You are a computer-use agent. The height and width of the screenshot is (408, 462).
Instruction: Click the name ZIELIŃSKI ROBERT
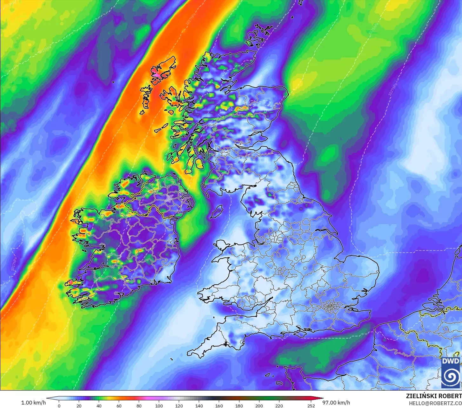(x=434, y=396)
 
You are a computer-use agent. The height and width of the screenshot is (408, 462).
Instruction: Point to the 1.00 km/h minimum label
(x=33, y=403)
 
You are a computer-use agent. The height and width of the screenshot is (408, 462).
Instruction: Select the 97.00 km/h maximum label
(x=336, y=403)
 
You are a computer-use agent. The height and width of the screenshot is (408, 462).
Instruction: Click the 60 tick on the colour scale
(x=119, y=405)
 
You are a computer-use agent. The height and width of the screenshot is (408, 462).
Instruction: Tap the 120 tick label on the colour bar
(x=179, y=405)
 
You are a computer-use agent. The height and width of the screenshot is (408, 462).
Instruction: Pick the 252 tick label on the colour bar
(x=311, y=405)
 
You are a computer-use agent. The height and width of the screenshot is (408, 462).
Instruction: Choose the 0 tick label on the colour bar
(x=59, y=405)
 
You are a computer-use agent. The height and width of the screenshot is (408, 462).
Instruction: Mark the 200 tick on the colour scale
(x=259, y=405)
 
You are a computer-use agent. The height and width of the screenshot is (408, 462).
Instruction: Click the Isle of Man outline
(x=217, y=211)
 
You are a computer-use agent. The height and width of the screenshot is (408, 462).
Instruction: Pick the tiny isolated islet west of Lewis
(x=113, y=82)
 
